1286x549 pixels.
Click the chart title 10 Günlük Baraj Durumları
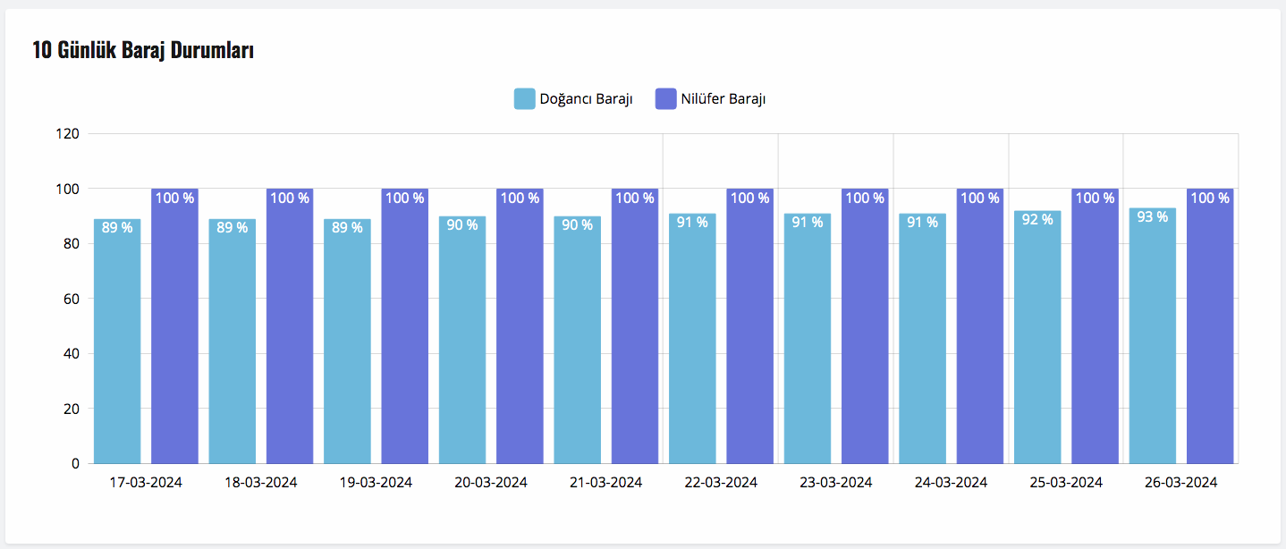(x=143, y=51)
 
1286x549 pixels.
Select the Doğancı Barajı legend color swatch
(x=524, y=98)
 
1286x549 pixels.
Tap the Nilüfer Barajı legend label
(x=723, y=98)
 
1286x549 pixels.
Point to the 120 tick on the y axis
(x=69, y=134)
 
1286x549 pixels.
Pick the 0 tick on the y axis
(x=75, y=463)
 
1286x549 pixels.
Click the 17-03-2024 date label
(x=146, y=482)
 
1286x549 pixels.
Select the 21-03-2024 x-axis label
(x=605, y=482)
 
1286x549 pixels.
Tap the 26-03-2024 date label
(x=1180, y=482)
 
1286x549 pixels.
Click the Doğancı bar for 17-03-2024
(x=117, y=349)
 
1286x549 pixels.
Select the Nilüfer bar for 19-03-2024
(x=404, y=331)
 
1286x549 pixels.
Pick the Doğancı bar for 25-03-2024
(x=1037, y=344)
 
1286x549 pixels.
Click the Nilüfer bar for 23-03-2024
(x=865, y=331)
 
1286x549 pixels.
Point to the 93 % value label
(x=1152, y=216)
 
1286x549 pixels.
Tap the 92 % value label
(x=1037, y=219)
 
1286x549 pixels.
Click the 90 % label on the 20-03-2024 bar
(x=462, y=224)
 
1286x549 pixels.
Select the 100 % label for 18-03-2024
(x=290, y=198)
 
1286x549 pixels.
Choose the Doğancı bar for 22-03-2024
(x=692, y=344)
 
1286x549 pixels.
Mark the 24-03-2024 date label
(x=951, y=482)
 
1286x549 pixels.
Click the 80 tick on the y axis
(x=72, y=244)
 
